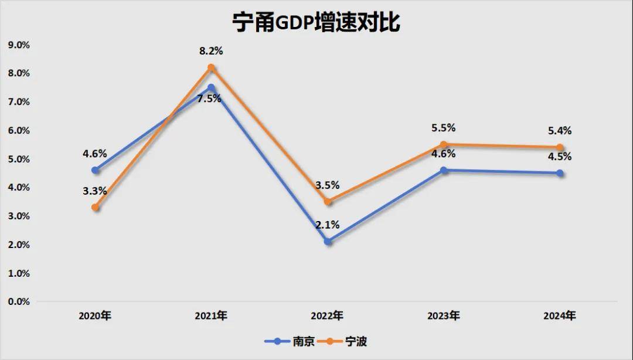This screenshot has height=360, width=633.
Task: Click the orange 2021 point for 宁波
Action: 211,67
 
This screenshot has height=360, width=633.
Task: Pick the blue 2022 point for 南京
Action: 328,242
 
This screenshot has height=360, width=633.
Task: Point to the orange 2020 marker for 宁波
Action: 95,208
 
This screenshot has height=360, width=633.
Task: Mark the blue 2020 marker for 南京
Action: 95,170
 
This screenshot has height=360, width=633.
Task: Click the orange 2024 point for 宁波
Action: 560,147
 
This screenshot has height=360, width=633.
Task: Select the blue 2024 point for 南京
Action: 560,173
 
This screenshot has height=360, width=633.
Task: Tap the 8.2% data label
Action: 211,51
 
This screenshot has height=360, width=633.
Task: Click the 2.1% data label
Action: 328,225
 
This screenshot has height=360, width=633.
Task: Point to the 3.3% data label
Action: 95,191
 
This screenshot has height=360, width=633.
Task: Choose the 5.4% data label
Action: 560,131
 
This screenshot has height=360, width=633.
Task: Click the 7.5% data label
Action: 209,99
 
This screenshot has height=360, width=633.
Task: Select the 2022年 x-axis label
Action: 327,316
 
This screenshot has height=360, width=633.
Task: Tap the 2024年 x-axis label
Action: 560,316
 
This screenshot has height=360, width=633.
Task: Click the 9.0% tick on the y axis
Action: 18,45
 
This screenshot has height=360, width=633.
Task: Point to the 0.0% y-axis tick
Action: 18,301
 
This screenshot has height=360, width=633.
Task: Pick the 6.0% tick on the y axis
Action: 18,130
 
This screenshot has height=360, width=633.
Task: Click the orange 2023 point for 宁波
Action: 444,144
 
